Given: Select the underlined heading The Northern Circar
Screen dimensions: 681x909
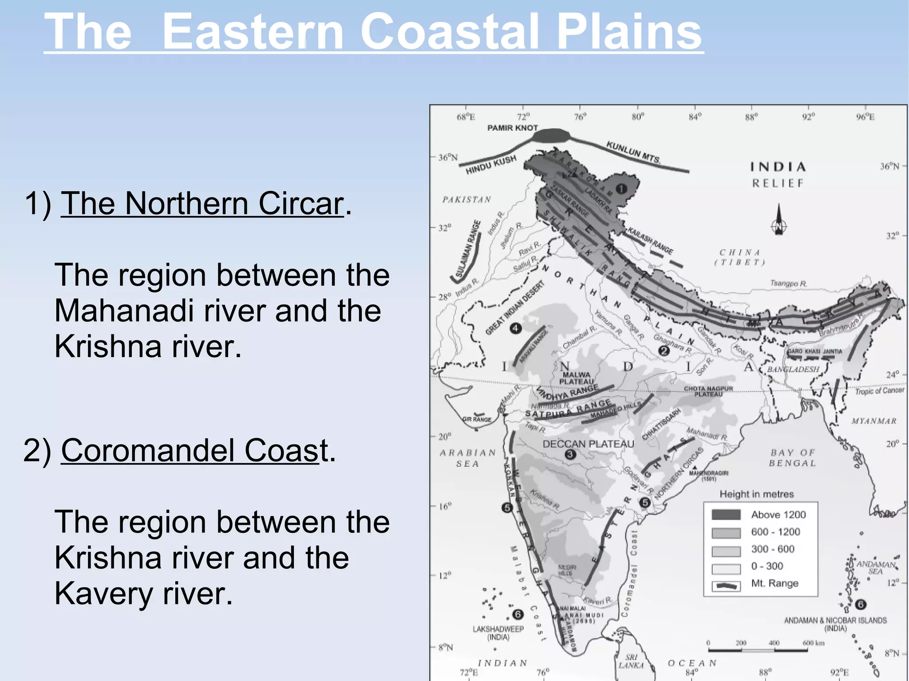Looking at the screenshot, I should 202,204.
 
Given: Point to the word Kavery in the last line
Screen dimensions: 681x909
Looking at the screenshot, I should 103,594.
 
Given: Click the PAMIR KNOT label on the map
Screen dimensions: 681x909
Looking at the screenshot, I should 512,128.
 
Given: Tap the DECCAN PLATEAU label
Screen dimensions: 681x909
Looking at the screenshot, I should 588,444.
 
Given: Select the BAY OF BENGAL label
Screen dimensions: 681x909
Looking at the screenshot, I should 793,457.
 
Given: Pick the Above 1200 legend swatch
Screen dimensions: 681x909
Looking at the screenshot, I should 726,515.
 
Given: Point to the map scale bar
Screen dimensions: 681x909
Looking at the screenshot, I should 758,650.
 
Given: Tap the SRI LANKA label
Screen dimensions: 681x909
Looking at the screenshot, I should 631,661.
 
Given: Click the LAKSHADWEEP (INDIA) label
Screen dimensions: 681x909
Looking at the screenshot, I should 498,633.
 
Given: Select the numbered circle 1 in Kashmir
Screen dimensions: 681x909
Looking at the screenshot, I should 621,189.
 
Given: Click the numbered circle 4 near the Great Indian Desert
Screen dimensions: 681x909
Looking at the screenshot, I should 515,328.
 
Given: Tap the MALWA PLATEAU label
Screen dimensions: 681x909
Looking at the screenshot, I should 576,378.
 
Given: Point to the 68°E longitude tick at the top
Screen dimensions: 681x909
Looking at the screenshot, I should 466,117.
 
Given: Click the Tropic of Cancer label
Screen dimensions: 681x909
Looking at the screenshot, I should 879,390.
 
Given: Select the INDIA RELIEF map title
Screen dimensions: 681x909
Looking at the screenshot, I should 778,174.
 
